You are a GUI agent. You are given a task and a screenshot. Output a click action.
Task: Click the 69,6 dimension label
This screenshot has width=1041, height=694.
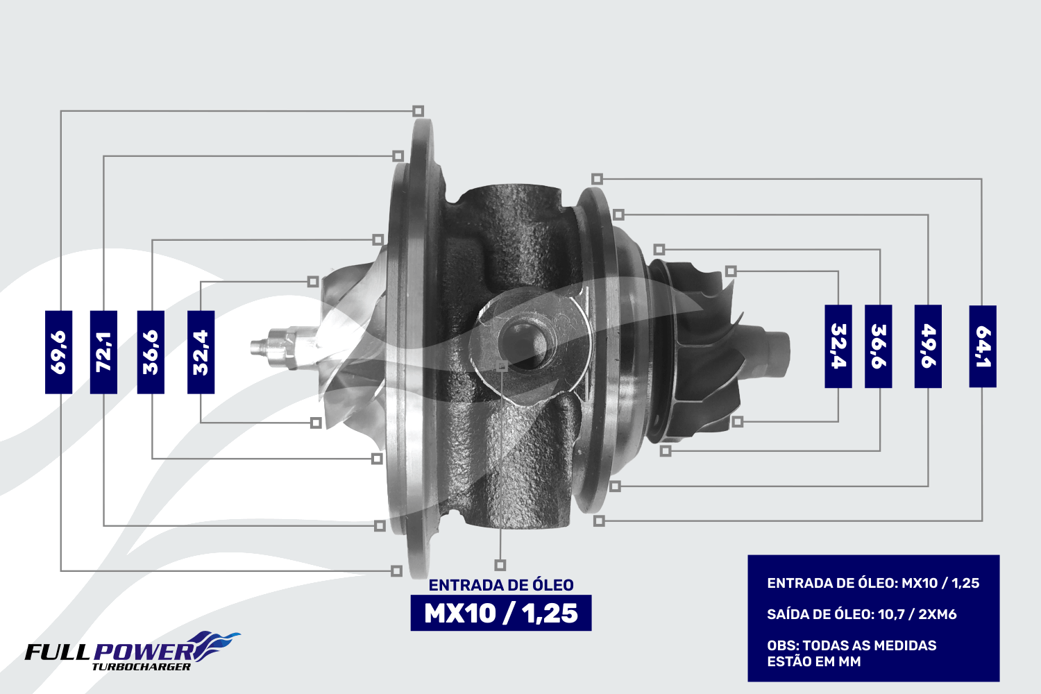pyautogui.click(x=58, y=352)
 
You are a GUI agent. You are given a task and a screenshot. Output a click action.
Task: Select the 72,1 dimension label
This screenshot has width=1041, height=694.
pyautogui.click(x=103, y=352)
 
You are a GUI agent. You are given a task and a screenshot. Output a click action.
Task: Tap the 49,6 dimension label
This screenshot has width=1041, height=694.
pyautogui.click(x=928, y=346)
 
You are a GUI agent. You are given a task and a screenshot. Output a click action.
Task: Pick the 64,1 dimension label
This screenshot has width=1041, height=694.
pyautogui.click(x=983, y=346)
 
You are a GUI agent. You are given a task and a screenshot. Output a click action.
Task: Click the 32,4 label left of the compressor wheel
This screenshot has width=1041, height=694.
pyautogui.click(x=201, y=352)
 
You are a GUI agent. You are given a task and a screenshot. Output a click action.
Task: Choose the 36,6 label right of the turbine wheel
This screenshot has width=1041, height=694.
pyautogui.click(x=878, y=346)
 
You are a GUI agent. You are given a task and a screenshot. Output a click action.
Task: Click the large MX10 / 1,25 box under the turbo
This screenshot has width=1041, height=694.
pyautogui.click(x=501, y=613)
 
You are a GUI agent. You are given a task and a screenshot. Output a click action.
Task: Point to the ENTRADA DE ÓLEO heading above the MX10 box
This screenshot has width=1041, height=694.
pyautogui.click(x=501, y=585)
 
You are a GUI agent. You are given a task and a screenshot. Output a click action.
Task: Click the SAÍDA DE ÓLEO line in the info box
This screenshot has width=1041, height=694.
pyautogui.click(x=862, y=614)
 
